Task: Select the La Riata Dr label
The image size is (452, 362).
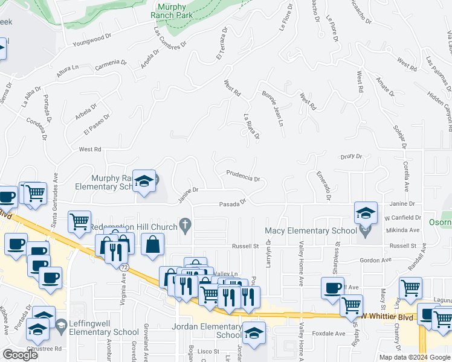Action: point(251,127)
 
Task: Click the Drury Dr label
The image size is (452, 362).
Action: point(350,156)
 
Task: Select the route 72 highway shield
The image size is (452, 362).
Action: point(123,266)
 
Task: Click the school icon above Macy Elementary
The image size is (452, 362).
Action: point(366,212)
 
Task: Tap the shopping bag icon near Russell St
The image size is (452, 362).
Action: point(152,244)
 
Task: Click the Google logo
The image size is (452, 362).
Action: point(20,355)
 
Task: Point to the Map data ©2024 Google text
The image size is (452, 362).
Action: point(414,357)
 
